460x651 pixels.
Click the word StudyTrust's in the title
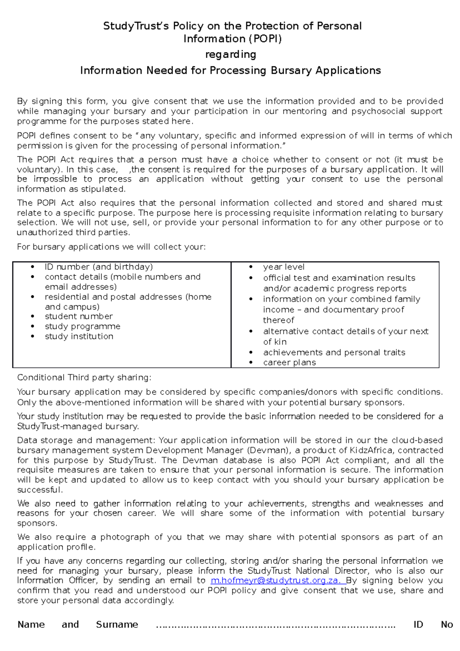click(x=136, y=26)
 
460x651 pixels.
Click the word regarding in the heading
click(x=230, y=54)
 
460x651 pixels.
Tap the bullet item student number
click(x=79, y=316)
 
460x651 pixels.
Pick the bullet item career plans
click(x=289, y=363)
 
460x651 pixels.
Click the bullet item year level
click(x=284, y=267)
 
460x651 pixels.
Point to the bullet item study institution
click(x=79, y=336)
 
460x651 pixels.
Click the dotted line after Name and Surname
click(x=275, y=625)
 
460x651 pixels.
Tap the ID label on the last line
click(x=418, y=625)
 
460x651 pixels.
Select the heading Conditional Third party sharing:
click(x=84, y=377)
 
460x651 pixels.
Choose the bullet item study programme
click(x=82, y=326)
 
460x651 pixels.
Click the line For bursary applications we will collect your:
click(x=111, y=247)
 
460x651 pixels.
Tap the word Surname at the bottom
click(x=117, y=625)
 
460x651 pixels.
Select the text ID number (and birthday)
click(x=99, y=267)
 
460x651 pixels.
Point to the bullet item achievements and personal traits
click(x=334, y=352)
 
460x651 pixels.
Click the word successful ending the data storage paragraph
click(x=39, y=490)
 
